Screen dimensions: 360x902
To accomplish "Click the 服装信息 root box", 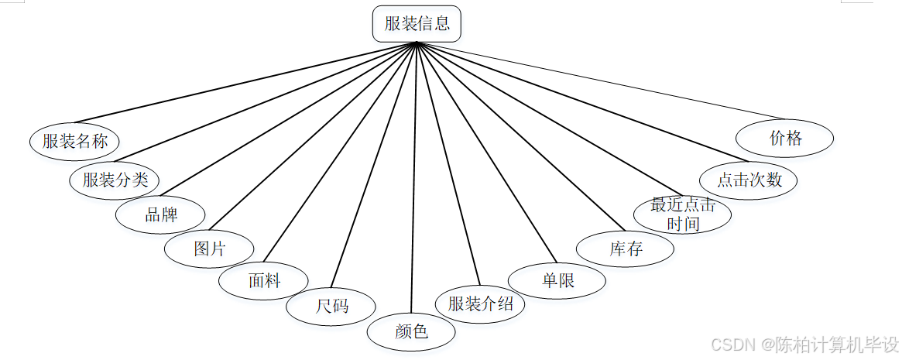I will pyautogui.click(x=417, y=24).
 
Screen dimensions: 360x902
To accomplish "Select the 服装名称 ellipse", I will pyautogui.click(x=74, y=141).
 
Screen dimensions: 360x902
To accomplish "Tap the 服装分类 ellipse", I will pyautogui.click(x=115, y=180).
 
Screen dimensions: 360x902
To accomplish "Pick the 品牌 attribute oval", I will pyautogui.click(x=161, y=214).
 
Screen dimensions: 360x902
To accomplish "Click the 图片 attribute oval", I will pyautogui.click(x=209, y=249).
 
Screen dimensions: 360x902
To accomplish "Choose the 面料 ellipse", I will pyautogui.click(x=263, y=281).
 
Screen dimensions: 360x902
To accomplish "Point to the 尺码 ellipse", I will pyautogui.click(x=331, y=306).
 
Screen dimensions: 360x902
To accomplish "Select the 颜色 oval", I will pyautogui.click(x=411, y=332).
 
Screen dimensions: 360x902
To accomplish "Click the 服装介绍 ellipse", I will pyautogui.click(x=480, y=303).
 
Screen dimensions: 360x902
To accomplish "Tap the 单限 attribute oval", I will pyautogui.click(x=557, y=281).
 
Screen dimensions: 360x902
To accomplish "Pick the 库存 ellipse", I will pyautogui.click(x=626, y=249).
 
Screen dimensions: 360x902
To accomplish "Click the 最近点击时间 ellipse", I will pyautogui.click(x=682, y=214).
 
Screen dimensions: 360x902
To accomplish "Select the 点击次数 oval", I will pyautogui.click(x=749, y=180).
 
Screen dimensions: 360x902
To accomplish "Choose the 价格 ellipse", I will pyautogui.click(x=785, y=139).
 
